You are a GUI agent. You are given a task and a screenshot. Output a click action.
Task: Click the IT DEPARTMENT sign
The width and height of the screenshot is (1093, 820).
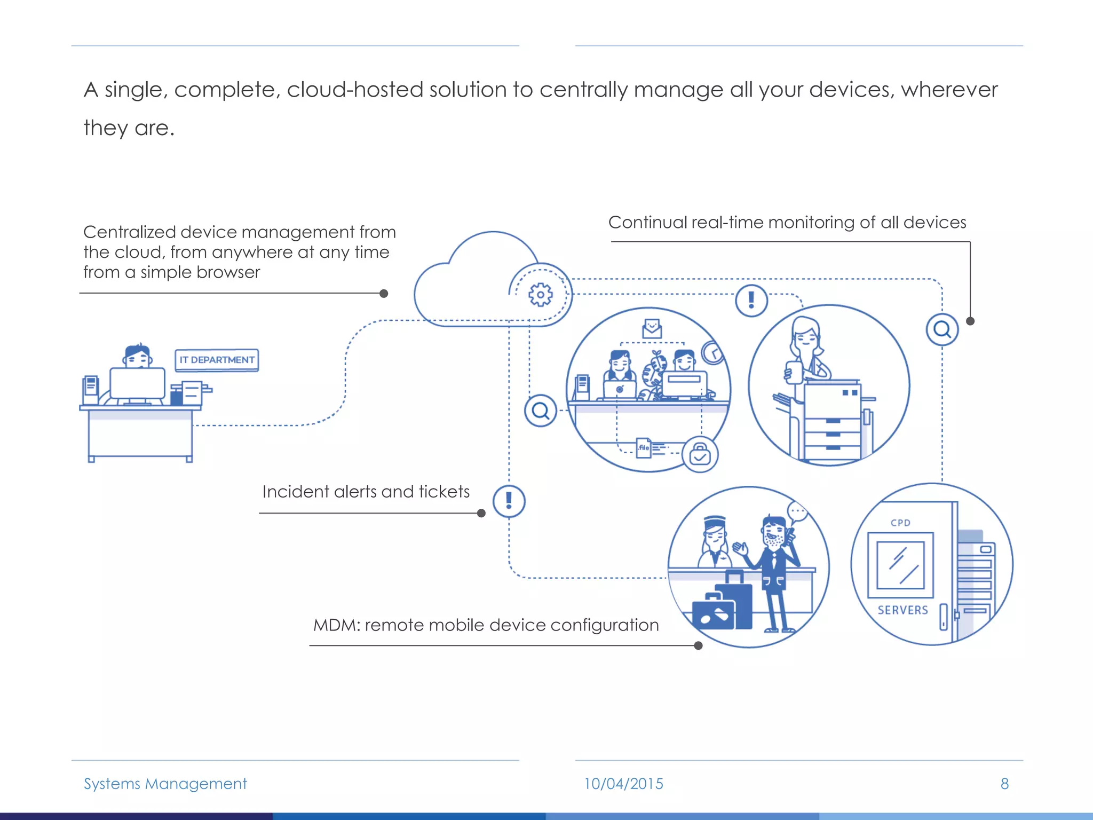point(217,360)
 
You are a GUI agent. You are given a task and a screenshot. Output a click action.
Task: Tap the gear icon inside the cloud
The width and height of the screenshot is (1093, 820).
point(540,295)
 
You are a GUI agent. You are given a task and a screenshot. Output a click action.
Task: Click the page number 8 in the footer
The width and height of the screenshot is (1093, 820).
point(1004,784)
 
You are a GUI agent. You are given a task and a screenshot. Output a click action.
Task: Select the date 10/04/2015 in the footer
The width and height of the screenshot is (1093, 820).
point(623,784)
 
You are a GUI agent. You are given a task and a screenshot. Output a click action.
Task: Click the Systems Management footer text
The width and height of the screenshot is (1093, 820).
point(165,784)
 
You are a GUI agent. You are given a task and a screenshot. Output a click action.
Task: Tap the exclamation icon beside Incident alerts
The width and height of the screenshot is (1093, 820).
point(509,501)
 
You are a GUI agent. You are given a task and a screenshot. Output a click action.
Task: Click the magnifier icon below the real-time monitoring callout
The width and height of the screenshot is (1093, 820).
point(942,329)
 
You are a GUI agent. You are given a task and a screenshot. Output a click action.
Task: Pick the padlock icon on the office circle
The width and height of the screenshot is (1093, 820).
point(700,455)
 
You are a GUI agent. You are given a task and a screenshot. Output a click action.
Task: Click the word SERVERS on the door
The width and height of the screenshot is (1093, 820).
point(902,610)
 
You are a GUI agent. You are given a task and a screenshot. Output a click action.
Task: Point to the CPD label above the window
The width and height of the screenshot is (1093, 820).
point(900,523)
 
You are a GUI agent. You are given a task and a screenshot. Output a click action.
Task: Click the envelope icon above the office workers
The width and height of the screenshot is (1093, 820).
point(652,328)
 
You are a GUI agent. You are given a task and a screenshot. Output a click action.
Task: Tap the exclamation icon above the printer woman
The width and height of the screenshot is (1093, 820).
point(751,301)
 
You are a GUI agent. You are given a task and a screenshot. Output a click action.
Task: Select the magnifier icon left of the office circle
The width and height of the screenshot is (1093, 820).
point(540,411)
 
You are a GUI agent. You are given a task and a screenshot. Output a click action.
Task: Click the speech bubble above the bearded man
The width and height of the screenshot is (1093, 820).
point(798,512)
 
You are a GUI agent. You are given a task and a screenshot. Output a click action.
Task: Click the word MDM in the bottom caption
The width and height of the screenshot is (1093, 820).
point(330,625)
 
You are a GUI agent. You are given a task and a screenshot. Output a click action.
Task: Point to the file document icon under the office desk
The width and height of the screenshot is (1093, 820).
point(644,447)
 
